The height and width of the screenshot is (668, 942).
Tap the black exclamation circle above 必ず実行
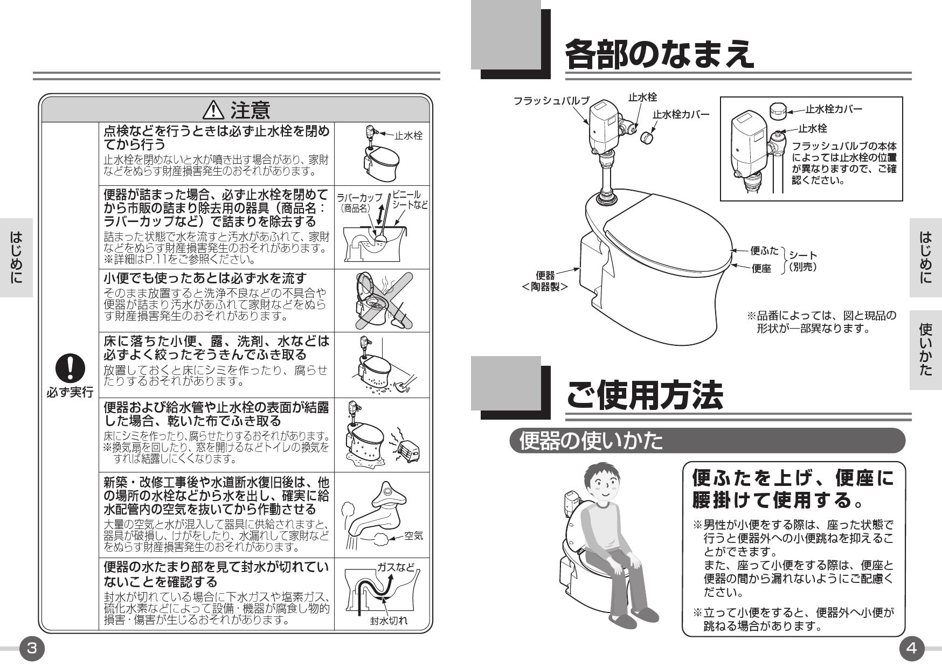click(x=70, y=368)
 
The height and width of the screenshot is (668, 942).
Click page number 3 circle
click(x=32, y=648)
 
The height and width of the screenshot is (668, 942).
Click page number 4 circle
click(x=911, y=648)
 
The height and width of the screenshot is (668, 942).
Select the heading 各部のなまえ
click(x=659, y=53)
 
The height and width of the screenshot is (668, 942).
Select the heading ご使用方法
click(x=644, y=395)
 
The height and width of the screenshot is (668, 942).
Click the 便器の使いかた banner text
click(x=591, y=441)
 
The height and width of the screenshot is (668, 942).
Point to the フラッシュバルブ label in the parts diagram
click(x=551, y=101)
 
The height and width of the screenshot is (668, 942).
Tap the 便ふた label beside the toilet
click(x=764, y=250)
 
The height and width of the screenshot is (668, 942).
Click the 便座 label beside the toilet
click(x=761, y=268)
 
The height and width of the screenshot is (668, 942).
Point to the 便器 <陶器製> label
click(x=545, y=281)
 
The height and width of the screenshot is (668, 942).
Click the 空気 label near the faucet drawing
click(x=413, y=535)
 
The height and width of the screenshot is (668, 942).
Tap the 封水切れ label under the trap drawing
click(x=389, y=621)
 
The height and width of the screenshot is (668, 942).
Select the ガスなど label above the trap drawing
click(x=396, y=567)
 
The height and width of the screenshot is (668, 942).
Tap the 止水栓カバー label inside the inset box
click(x=834, y=109)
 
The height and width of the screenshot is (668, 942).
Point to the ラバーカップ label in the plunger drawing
click(x=359, y=198)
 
